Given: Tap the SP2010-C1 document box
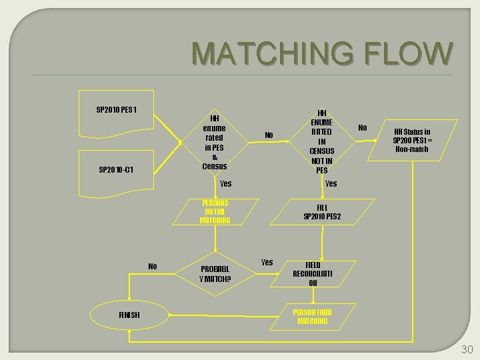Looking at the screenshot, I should (117, 169).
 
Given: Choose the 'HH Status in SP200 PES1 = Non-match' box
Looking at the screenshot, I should (411, 140).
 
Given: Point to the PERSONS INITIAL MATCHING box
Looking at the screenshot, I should (215, 211).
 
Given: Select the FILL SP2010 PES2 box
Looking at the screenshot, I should (322, 212).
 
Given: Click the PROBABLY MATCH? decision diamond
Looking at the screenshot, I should (215, 274).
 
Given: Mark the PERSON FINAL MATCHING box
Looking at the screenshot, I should (313, 316).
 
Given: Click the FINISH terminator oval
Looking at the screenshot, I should (129, 314).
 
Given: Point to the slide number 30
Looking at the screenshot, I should (466, 349).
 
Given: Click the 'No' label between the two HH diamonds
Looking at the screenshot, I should (269, 135).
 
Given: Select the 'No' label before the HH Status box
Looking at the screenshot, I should (362, 127).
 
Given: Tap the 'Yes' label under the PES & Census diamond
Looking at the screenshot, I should (225, 183).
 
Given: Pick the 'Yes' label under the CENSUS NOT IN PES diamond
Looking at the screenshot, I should (331, 183).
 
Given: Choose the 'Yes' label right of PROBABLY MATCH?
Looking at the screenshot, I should (267, 262).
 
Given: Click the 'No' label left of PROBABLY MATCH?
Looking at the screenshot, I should (153, 266).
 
